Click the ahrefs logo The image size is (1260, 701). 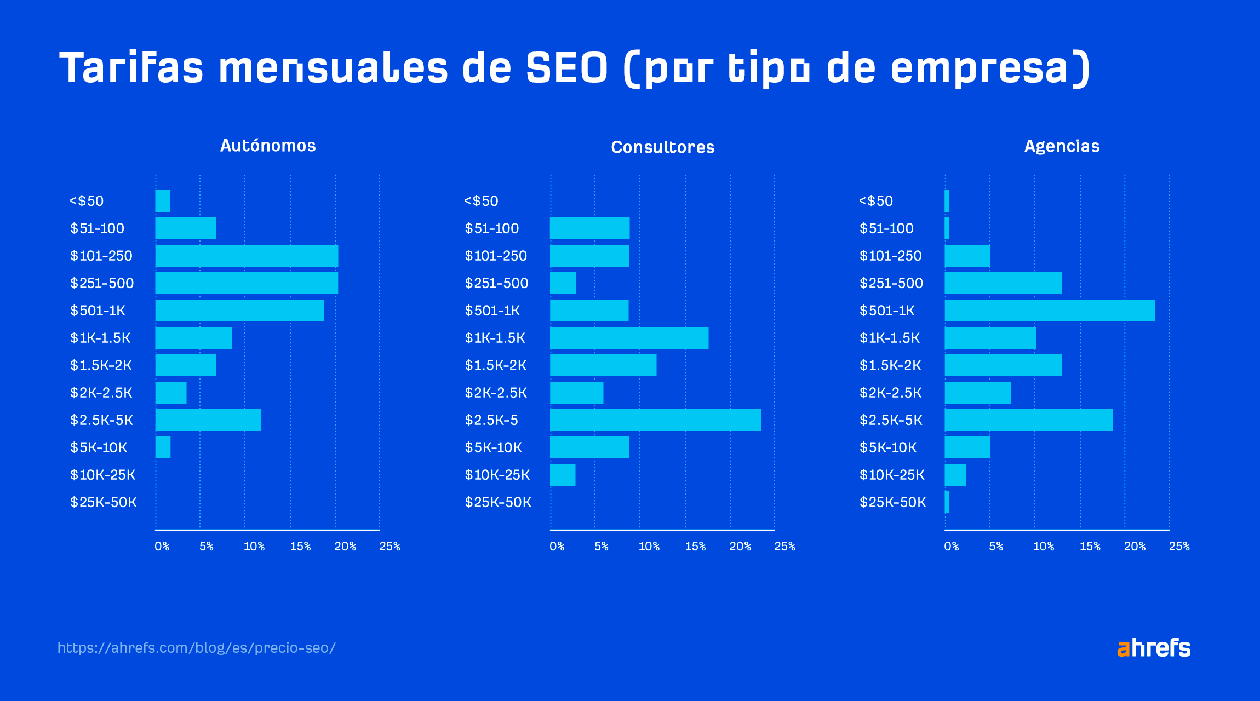click(1154, 648)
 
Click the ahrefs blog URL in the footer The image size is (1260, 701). click(196, 648)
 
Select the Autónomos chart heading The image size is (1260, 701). click(268, 146)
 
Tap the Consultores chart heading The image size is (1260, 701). click(662, 147)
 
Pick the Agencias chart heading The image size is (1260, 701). click(1062, 146)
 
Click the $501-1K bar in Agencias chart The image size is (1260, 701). click(1049, 311)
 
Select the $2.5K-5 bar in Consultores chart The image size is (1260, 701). click(655, 420)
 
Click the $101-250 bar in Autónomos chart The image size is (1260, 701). click(247, 256)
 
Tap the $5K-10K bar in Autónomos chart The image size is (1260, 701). click(163, 447)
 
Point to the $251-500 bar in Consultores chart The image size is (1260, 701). click(563, 283)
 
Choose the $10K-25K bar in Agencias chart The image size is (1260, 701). click(955, 475)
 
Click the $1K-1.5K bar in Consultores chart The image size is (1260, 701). click(629, 338)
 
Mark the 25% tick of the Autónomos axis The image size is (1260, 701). click(390, 546)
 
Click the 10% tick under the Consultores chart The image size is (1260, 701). click(649, 546)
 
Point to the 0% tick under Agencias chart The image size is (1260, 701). click(952, 546)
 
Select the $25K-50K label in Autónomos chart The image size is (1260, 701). click(104, 502)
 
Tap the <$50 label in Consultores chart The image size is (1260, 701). click(482, 201)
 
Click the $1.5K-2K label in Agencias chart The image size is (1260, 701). click(890, 365)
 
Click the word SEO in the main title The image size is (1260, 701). click(567, 68)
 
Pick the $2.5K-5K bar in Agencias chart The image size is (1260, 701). click(1028, 420)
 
